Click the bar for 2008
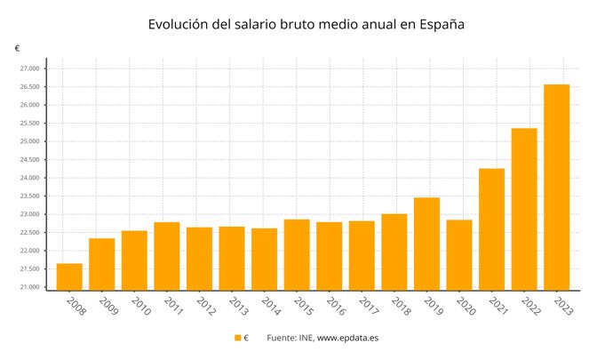[69, 276]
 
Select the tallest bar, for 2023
[556, 187]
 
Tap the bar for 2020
[459, 254]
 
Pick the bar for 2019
[426, 244]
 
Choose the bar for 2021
[491, 228]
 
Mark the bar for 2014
[264, 259]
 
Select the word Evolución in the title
[181, 25]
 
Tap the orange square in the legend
[237, 338]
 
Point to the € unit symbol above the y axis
[17, 48]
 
